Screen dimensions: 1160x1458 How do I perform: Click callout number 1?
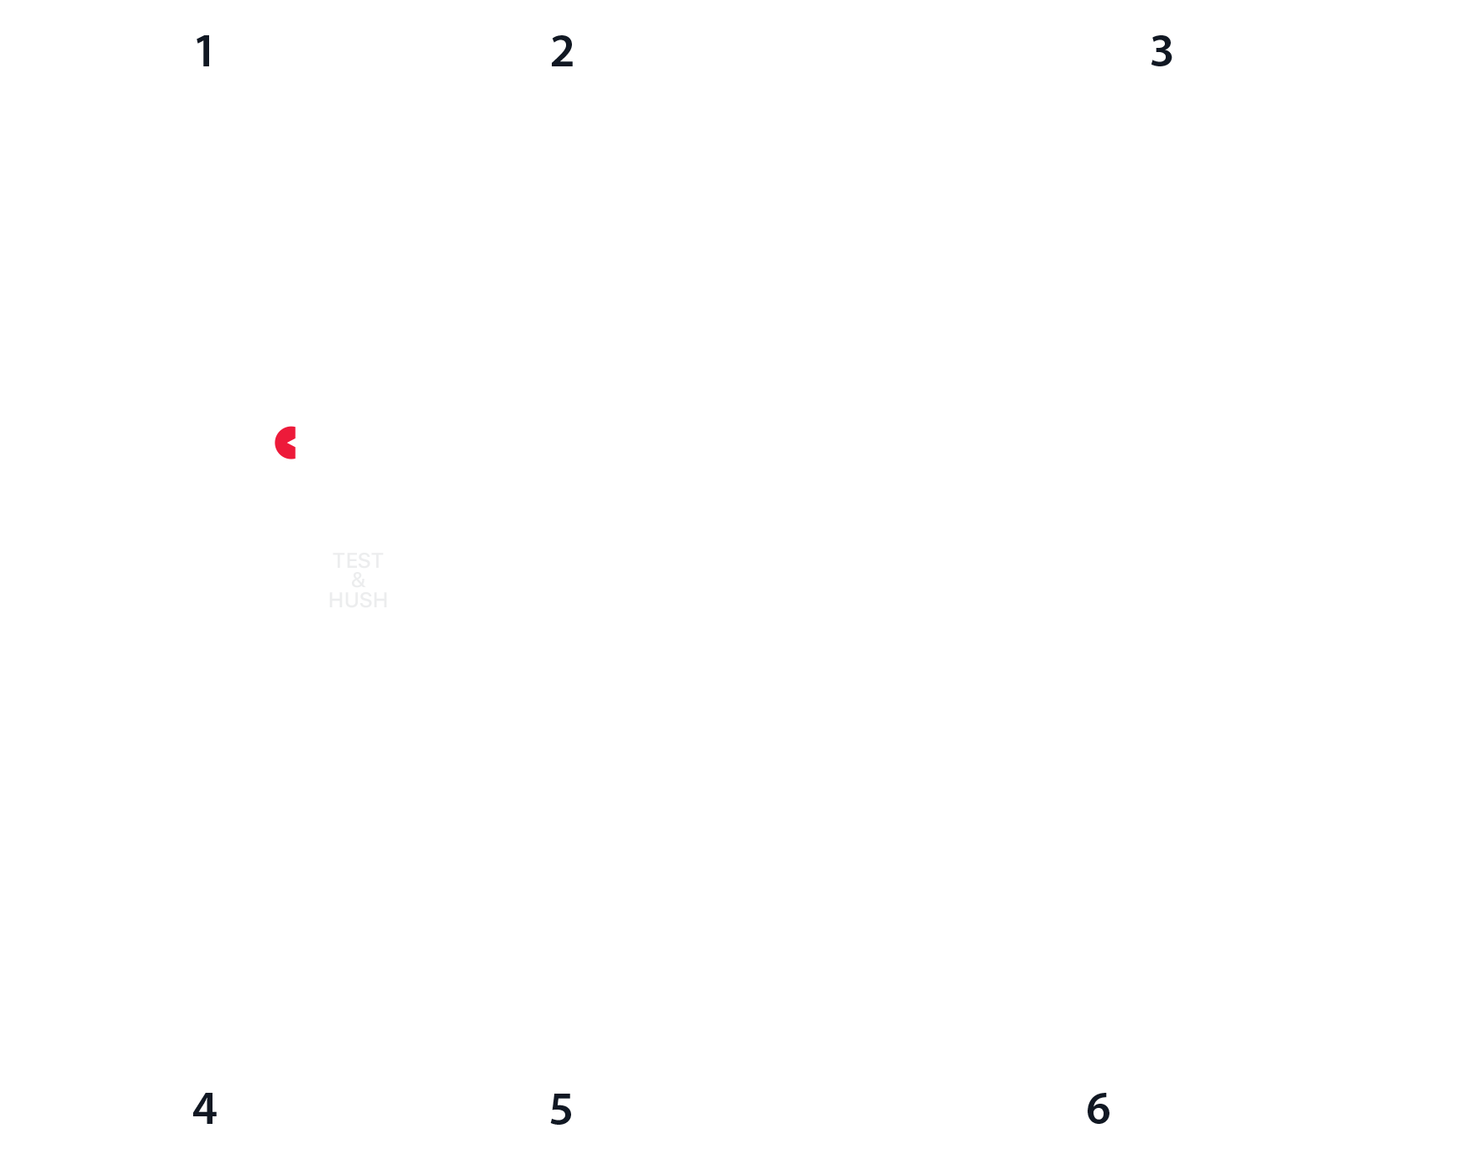click(205, 51)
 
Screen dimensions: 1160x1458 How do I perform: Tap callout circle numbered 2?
click(562, 51)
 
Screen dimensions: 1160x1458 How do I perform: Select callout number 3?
click(1162, 51)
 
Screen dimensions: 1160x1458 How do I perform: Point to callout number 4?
click(205, 1109)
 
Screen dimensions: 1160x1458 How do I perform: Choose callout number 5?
click(561, 1109)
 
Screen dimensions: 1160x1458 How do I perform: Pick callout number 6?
click(1099, 1109)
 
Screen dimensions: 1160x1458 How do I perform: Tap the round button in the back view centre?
click(1099, 583)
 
